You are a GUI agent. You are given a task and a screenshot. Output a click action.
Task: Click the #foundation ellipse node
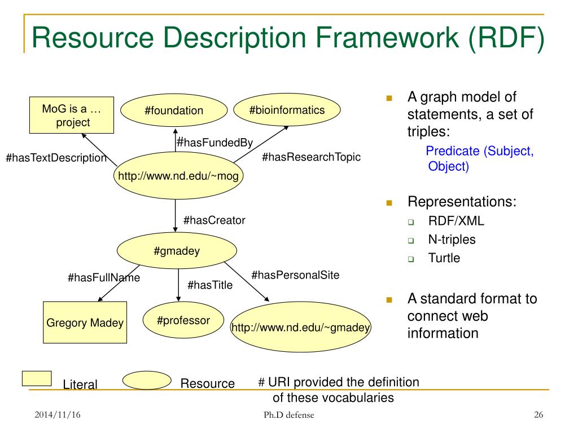point(174,111)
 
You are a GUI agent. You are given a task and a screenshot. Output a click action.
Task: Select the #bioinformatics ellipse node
point(287,110)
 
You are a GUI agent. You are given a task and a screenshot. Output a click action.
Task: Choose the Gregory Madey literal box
point(85,323)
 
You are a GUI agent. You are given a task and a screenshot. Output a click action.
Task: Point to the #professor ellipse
point(183,321)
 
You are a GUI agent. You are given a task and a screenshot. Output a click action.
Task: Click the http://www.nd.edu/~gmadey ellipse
point(301,328)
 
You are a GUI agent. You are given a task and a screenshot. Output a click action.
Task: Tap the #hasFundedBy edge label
point(214,143)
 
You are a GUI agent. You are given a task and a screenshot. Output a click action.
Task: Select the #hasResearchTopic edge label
point(311,157)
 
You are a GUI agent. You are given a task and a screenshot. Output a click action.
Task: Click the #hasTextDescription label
point(56,158)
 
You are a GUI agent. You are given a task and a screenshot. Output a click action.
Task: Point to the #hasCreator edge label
point(214,220)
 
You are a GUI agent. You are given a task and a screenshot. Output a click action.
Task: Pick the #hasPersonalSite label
point(295,275)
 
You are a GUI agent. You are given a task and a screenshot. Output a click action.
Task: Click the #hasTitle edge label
point(210,285)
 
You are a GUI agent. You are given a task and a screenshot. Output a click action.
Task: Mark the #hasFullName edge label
point(104,277)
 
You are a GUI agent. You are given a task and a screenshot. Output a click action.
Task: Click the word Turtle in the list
point(444,258)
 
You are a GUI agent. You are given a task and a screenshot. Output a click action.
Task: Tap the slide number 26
point(538,416)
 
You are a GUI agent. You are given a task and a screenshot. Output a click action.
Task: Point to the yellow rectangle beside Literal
point(37,378)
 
